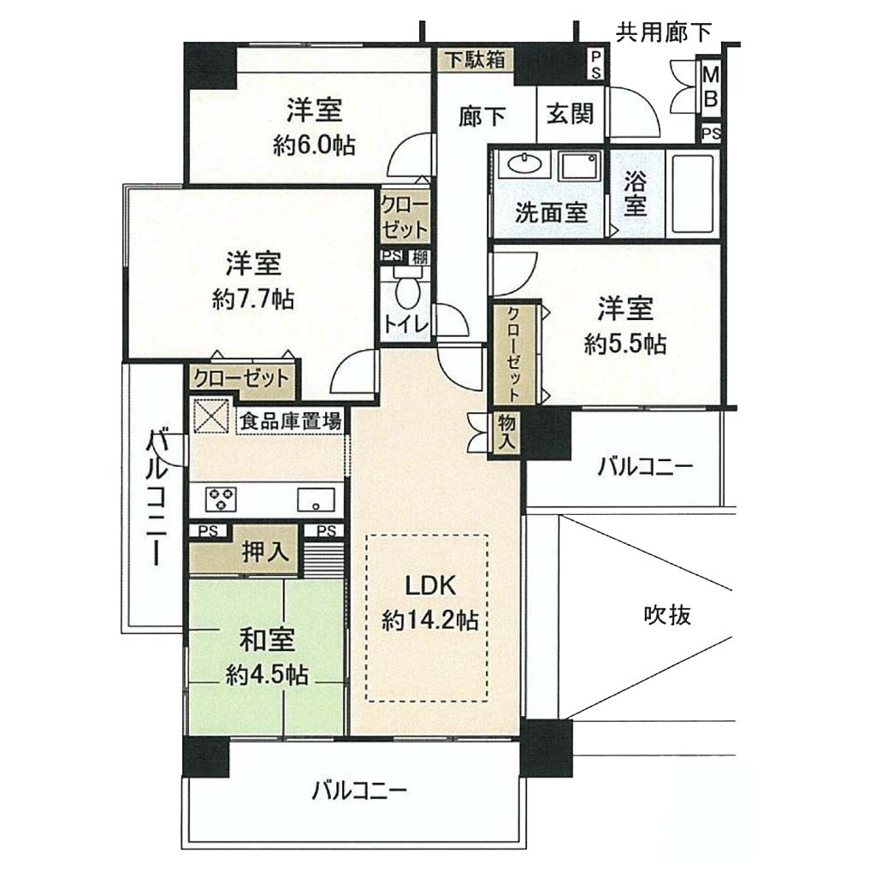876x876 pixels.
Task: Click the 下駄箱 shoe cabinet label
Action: pos(475,59)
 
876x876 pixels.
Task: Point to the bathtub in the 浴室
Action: pos(693,192)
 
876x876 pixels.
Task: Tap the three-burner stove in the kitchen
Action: pos(221,499)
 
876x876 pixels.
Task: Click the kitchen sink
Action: pos(317,500)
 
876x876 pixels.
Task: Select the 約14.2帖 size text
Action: pos(429,620)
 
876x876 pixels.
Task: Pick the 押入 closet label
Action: pos(265,552)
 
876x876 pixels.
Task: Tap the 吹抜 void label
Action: pos(667,615)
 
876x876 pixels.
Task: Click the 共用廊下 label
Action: pos(663,33)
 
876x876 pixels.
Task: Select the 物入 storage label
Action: pos(506,432)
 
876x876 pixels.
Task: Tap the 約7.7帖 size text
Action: pos(253,300)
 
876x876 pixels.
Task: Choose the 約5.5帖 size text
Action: pos(625,344)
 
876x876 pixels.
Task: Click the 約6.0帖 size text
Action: pos(315,145)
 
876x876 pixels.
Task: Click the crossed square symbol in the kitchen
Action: pos(212,415)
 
